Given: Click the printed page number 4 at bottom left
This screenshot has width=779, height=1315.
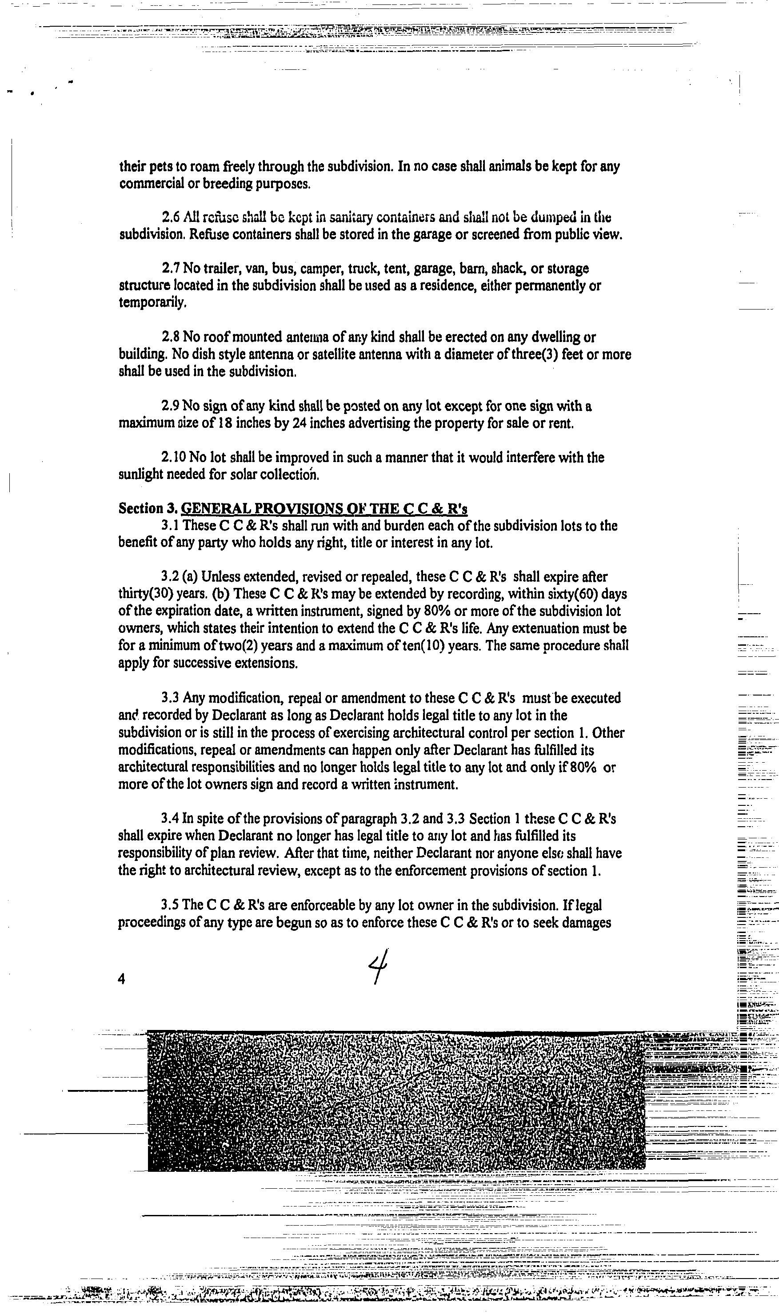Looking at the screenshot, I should pyautogui.click(x=122, y=979).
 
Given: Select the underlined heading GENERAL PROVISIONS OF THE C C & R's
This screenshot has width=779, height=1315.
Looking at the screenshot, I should pyautogui.click(x=324, y=508).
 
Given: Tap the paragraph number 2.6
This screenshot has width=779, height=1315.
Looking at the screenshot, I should pyautogui.click(x=170, y=217).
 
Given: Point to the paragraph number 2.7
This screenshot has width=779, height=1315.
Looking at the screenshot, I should pyautogui.click(x=171, y=269).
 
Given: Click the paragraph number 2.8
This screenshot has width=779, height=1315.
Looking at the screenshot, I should pyautogui.click(x=171, y=337).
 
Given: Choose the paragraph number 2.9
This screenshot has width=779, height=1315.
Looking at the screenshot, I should pyautogui.click(x=171, y=406).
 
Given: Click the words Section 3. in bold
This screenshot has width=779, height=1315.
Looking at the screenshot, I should pyautogui.click(x=148, y=508).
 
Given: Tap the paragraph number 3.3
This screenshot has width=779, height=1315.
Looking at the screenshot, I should pyautogui.click(x=171, y=699).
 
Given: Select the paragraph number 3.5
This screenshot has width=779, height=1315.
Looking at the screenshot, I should pyautogui.click(x=171, y=905).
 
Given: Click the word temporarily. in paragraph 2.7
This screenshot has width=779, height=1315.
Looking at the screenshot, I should pyautogui.click(x=152, y=303).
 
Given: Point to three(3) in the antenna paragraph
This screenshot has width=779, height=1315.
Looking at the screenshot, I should pyautogui.click(x=532, y=354).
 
